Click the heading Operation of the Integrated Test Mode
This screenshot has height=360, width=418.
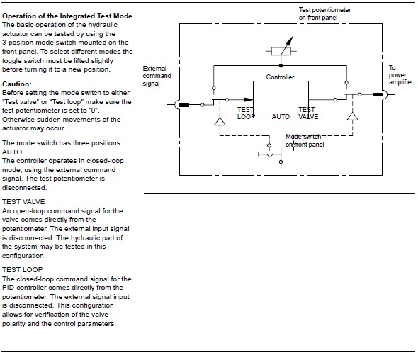(x=67, y=16)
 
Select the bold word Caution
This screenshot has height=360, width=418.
(x=16, y=84)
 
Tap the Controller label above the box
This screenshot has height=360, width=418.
(x=280, y=77)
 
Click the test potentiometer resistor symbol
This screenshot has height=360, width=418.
(x=281, y=50)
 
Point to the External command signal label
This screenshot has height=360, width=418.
(x=157, y=76)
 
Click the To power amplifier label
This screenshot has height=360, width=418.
(x=401, y=75)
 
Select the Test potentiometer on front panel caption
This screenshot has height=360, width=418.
(x=324, y=13)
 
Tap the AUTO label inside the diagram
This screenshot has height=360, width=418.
(x=281, y=116)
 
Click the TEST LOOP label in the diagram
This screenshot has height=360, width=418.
(x=246, y=113)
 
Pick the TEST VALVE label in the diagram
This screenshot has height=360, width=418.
(x=308, y=113)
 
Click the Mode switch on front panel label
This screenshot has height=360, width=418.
(x=305, y=140)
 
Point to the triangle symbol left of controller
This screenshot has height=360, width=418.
(x=220, y=121)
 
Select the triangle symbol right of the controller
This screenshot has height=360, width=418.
(x=352, y=116)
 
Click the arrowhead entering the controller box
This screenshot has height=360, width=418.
(x=249, y=99)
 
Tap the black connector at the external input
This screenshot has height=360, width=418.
(x=184, y=105)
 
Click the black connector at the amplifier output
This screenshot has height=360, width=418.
(x=378, y=94)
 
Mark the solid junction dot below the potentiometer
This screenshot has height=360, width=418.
(x=281, y=65)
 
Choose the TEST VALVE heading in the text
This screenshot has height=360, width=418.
(x=23, y=201)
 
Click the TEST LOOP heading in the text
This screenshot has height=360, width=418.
(x=23, y=269)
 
